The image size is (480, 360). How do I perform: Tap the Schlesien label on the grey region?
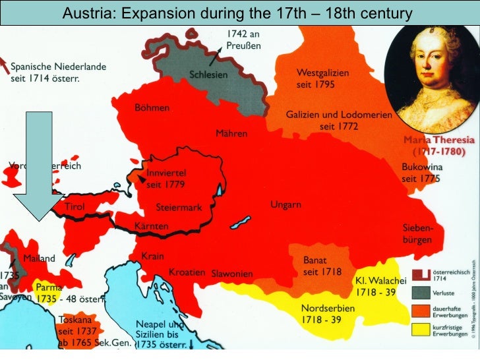(209, 75)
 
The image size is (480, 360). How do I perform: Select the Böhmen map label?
(152, 107)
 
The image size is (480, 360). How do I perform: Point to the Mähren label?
(231, 133)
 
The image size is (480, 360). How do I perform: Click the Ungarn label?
(285, 205)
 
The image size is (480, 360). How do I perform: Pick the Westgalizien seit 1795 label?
(322, 78)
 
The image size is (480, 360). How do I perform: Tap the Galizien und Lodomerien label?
(338, 119)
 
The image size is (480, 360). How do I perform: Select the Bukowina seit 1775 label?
(421, 173)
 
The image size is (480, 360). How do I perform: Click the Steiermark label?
(178, 207)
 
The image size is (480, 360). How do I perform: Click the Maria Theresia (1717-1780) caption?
(435, 146)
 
